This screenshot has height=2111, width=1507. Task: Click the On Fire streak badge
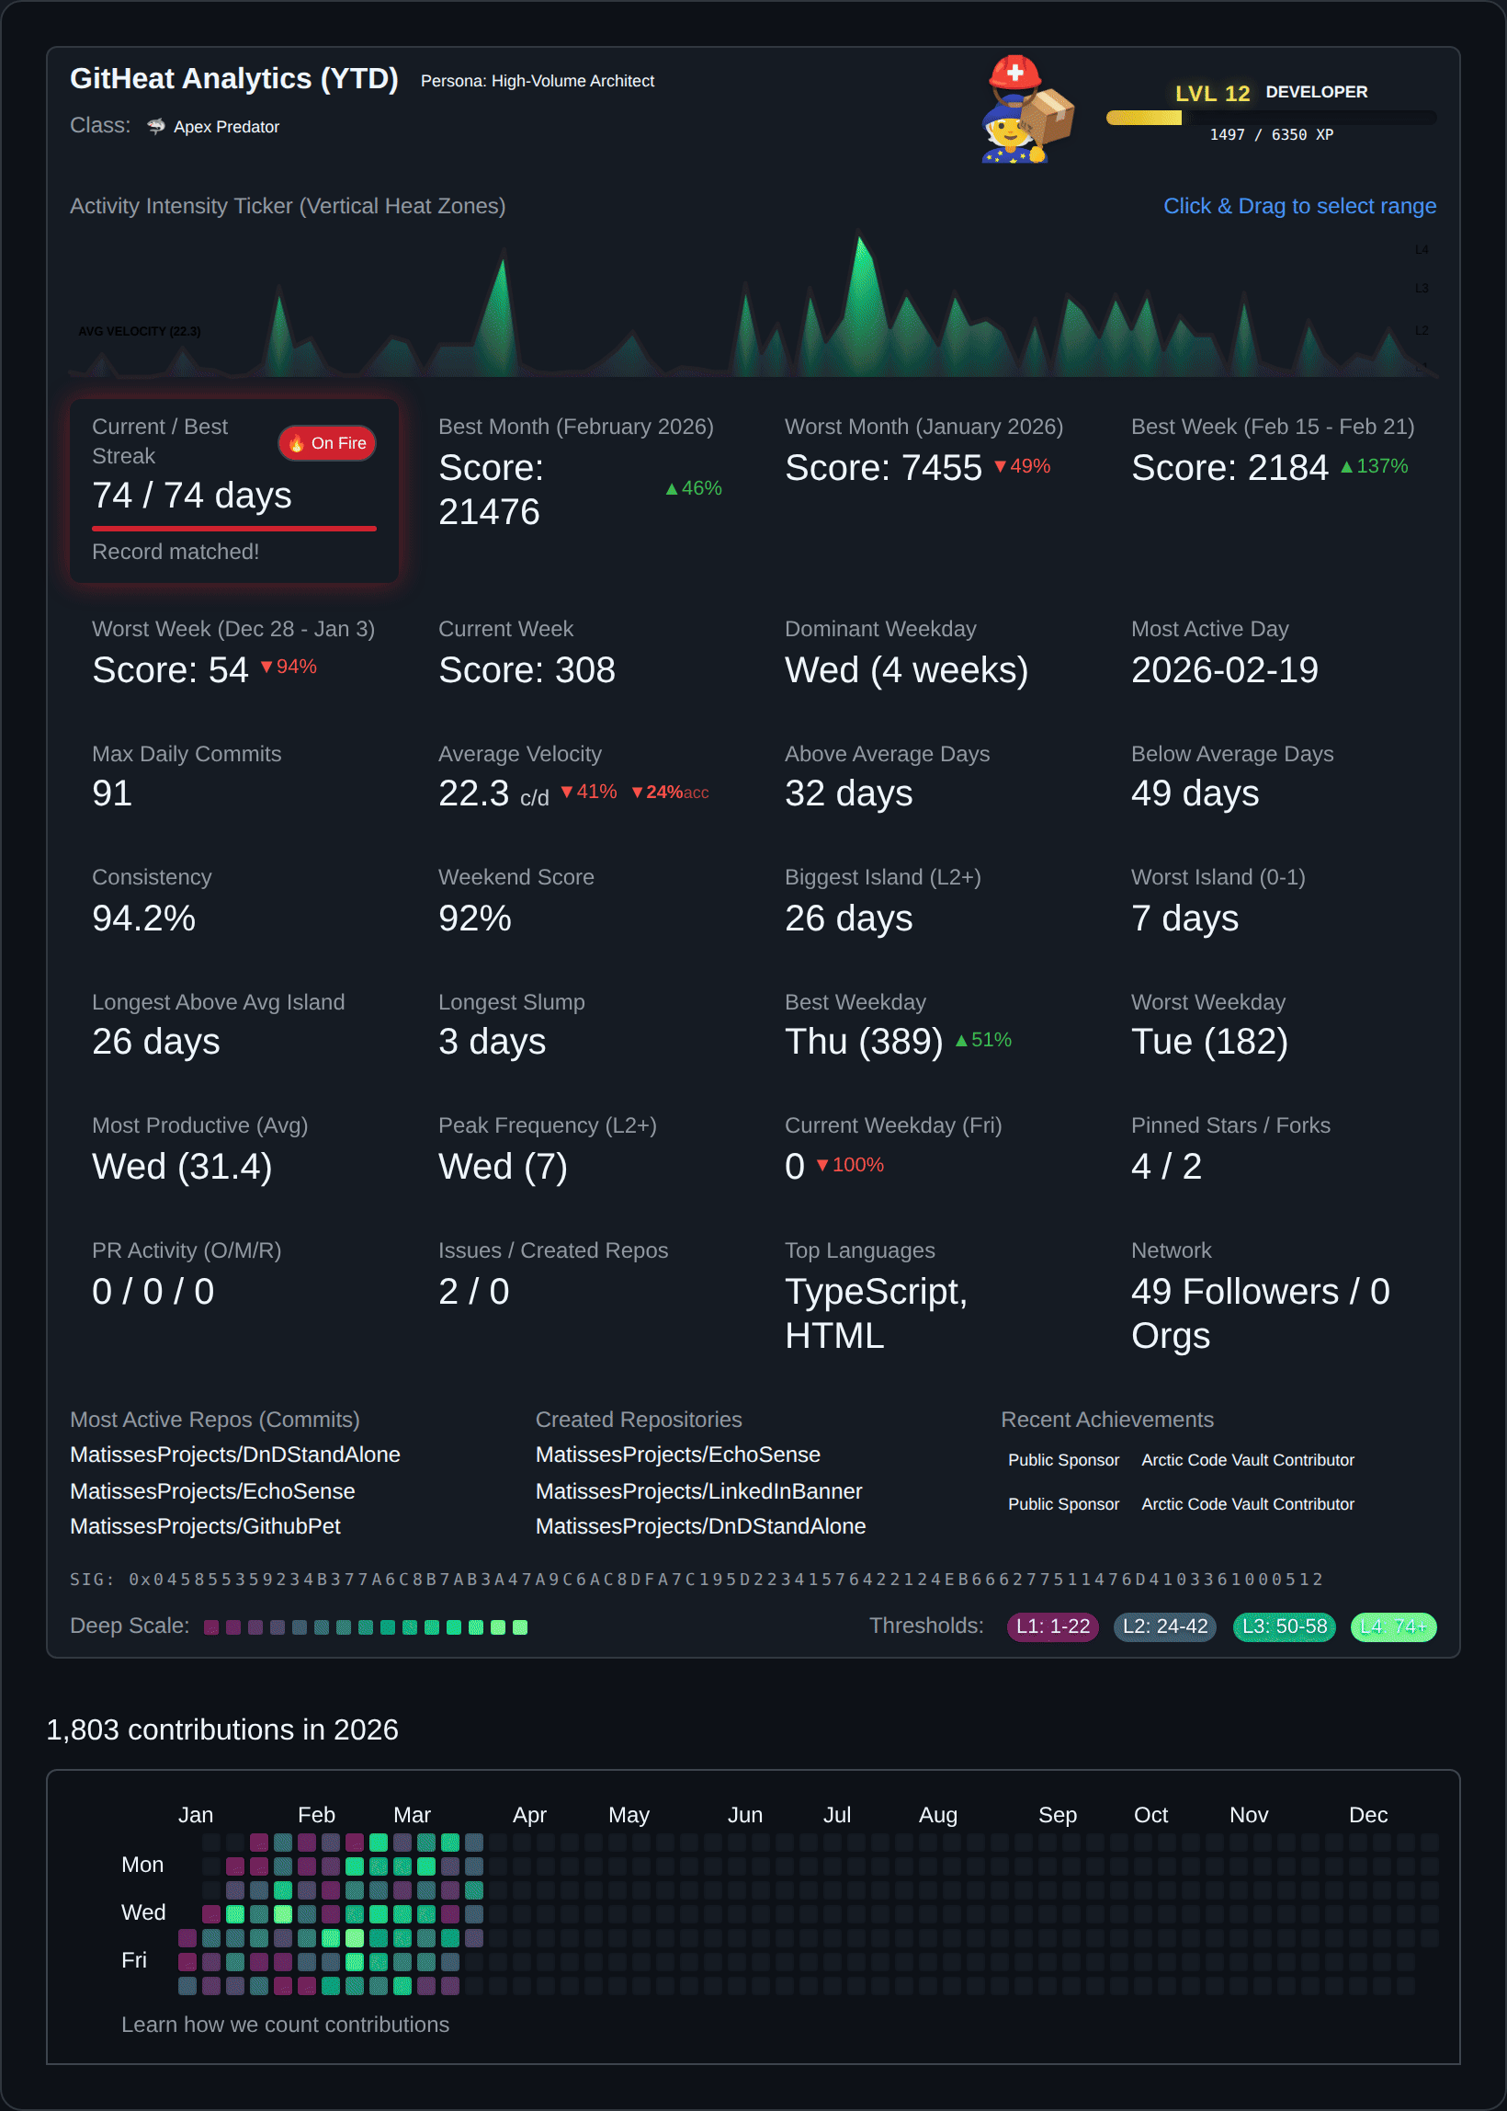[326, 444]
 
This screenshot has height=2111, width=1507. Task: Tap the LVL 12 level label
[1212, 94]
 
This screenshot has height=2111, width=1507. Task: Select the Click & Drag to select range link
[1299, 206]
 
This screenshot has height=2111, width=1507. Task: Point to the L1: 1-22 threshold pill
[1052, 1626]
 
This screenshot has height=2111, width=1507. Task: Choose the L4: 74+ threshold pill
[1393, 1626]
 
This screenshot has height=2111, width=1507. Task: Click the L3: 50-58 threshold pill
[1285, 1626]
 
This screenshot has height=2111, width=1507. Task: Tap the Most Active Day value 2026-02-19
[1224, 670]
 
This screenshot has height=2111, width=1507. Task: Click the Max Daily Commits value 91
[112, 793]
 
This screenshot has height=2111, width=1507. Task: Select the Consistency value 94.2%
[144, 919]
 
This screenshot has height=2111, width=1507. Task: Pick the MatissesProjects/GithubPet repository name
[205, 1526]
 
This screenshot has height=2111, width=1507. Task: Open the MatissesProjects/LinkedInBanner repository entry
[698, 1491]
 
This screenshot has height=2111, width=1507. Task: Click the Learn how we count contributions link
[285, 2025]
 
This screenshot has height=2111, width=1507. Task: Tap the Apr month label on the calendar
[529, 1815]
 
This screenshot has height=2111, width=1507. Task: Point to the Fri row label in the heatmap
[134, 1959]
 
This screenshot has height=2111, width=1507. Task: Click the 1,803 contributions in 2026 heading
[222, 1729]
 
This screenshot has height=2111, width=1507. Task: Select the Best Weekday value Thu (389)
[863, 1042]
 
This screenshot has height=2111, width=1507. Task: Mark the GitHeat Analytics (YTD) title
[233, 79]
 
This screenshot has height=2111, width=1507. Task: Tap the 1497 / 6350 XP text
[1270, 134]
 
